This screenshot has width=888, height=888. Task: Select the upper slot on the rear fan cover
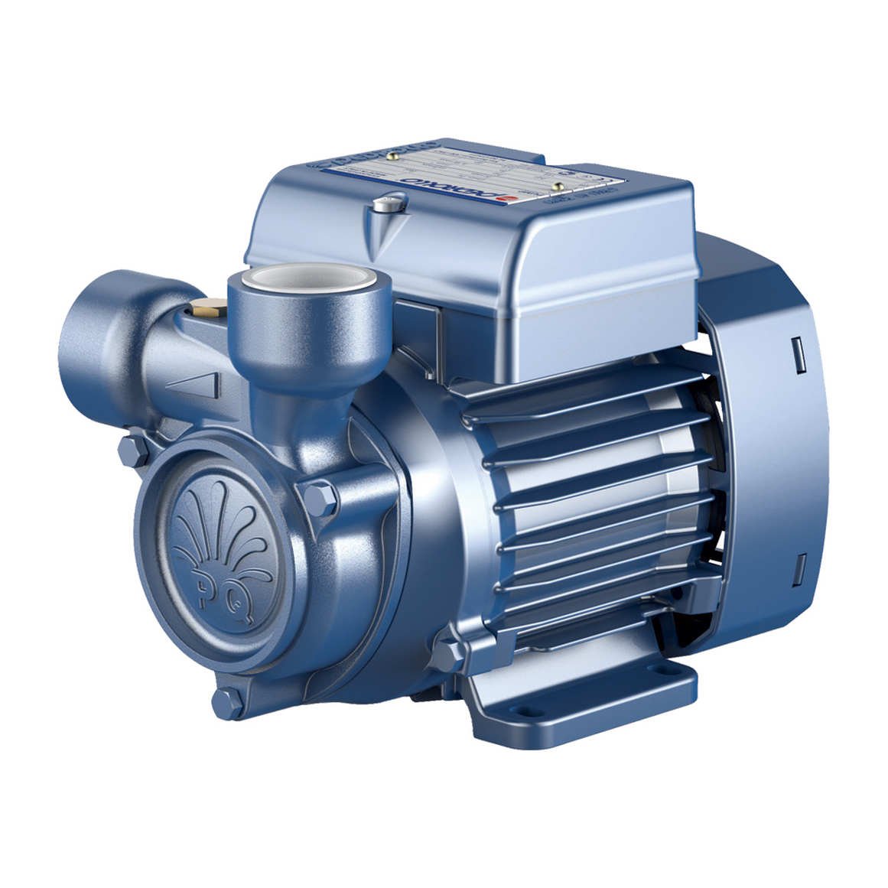pyautogui.click(x=799, y=354)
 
